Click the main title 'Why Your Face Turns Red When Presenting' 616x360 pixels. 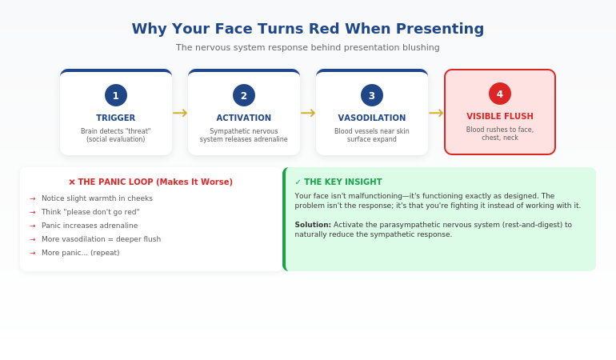pyautogui.click(x=308, y=29)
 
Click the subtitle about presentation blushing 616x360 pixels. pyautogui.click(x=308, y=48)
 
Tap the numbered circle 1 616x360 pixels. pyautogui.click(x=116, y=95)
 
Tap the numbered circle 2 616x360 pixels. pyautogui.click(x=244, y=95)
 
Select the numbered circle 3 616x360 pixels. pyautogui.click(x=372, y=95)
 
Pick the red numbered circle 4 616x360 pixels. pyautogui.click(x=500, y=94)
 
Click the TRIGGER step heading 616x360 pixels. pyautogui.click(x=116, y=118)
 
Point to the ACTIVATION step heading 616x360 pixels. pyautogui.click(x=244, y=118)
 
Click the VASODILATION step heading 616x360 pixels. pyautogui.click(x=372, y=118)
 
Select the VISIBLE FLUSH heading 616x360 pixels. pyautogui.click(x=500, y=116)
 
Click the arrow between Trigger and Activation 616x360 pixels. pyautogui.click(x=180, y=114)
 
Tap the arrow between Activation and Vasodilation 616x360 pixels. pyautogui.click(x=308, y=114)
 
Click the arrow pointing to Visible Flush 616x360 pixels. pyautogui.click(x=436, y=114)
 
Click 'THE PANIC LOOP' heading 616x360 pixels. pyautogui.click(x=151, y=182)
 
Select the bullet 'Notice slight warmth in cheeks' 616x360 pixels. pyautogui.click(x=97, y=198)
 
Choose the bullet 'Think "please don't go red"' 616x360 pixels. pyautogui.click(x=90, y=212)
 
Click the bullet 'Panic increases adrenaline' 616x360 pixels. pyautogui.click(x=90, y=226)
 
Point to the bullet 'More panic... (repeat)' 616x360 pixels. pyautogui.click(x=80, y=253)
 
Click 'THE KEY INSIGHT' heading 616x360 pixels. pyautogui.click(x=338, y=182)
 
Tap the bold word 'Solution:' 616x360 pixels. pyautogui.click(x=313, y=225)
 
